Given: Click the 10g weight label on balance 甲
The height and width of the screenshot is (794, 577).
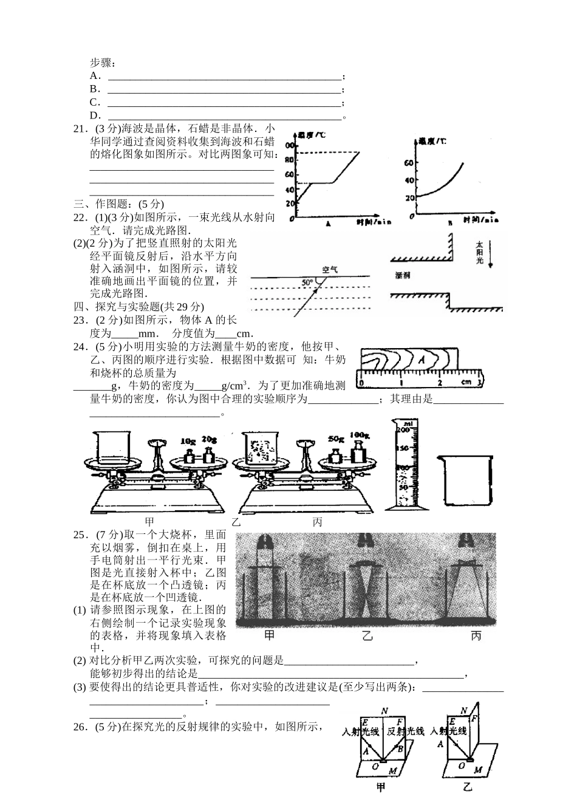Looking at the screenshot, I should [x=188, y=440].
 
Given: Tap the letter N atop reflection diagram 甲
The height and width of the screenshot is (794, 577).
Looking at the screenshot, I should [x=384, y=711].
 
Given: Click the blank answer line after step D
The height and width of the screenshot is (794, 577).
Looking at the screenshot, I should [x=225, y=116].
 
